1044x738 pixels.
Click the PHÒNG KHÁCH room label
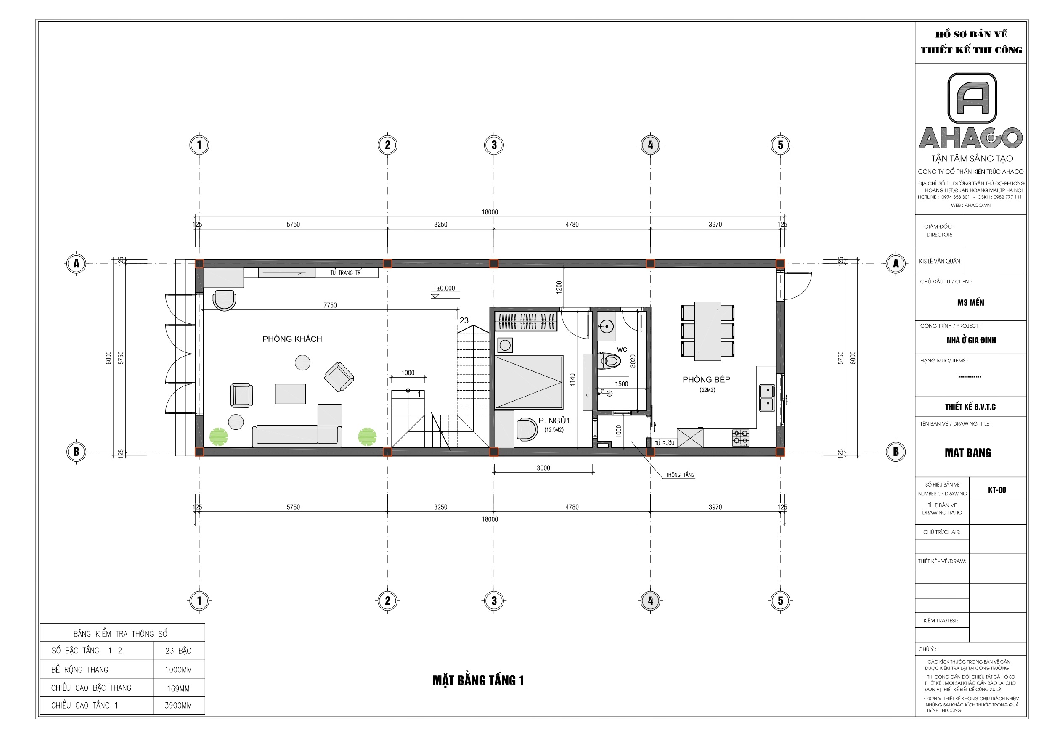click(292, 339)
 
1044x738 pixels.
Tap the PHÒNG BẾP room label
click(706, 380)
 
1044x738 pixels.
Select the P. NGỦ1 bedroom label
click(554, 421)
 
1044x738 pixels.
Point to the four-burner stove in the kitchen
click(740, 437)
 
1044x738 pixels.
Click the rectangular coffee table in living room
click(290, 394)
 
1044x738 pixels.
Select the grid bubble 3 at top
click(494, 145)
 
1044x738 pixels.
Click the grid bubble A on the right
click(896, 263)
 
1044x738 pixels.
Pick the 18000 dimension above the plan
click(490, 212)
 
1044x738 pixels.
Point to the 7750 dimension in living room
click(330, 305)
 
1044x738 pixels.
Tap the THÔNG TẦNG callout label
click(680, 475)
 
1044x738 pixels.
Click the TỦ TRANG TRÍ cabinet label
click(346, 273)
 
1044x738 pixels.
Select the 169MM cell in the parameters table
click(178, 688)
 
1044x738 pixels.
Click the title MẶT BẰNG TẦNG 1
click(478, 681)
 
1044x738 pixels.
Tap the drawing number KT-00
click(997, 490)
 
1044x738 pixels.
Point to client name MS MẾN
click(970, 302)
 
